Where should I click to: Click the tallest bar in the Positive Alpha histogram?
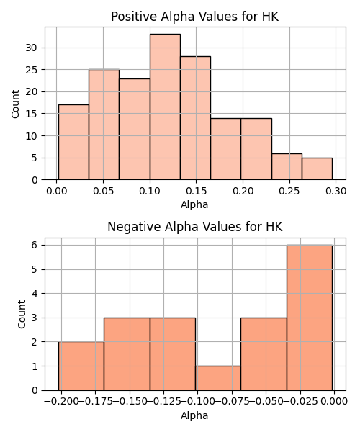pos(165,107)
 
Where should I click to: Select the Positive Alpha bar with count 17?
pos(73,142)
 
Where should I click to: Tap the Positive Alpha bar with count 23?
pos(135,129)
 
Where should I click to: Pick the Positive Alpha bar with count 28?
pos(196,118)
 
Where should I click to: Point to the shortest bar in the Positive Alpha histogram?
pos(317,168)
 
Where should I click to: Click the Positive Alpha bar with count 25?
pos(104,125)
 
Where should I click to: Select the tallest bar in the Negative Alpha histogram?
pos(310,318)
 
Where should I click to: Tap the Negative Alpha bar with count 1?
pos(218,378)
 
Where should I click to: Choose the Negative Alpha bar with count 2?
pos(81,366)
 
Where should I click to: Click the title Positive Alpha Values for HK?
pos(195,17)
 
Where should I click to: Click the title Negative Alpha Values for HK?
pos(195,227)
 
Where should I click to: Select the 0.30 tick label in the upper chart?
pos(336,191)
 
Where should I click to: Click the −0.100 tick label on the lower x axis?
pos(198,402)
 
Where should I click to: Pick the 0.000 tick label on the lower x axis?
pos(334,402)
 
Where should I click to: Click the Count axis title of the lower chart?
pos(22,315)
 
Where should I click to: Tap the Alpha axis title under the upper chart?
pos(194,204)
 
